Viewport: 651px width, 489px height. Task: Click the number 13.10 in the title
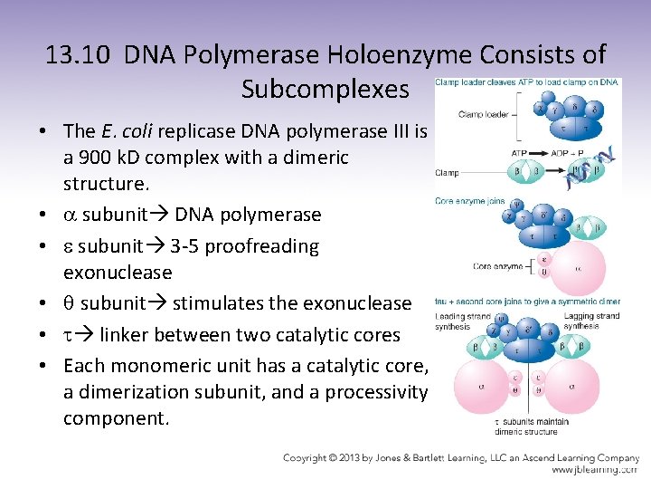[80, 55]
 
